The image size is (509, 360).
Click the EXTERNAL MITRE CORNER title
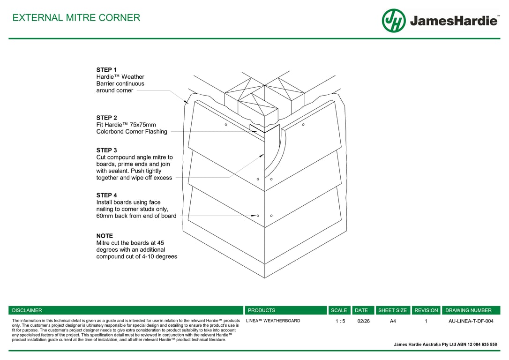tap(76, 18)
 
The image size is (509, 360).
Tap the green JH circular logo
tap(394, 21)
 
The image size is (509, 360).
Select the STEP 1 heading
tap(106, 70)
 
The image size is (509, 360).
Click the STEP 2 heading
tap(106, 118)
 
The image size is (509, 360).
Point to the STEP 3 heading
tap(106, 150)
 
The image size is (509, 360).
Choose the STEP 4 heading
tap(106, 195)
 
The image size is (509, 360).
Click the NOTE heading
tap(105, 236)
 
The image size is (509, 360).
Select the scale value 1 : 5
tap(340, 321)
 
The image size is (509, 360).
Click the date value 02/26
tap(363, 321)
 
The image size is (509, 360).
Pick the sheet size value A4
tap(393, 321)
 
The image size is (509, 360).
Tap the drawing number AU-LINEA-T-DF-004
tap(471, 321)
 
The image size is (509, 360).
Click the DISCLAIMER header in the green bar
tap(27, 310)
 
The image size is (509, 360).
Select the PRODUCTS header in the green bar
tap(262, 310)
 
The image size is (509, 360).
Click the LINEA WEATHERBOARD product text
tap(273, 321)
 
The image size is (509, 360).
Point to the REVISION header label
tap(426, 310)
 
